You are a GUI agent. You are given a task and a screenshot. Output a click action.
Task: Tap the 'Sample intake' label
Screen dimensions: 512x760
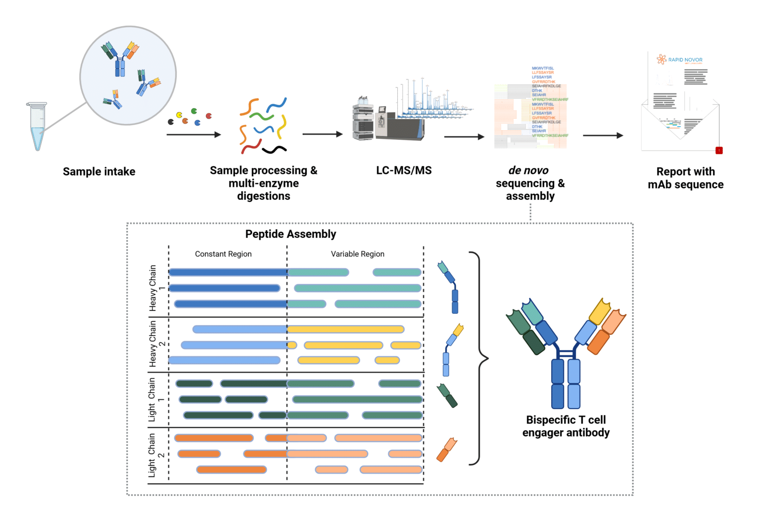pyautogui.click(x=99, y=171)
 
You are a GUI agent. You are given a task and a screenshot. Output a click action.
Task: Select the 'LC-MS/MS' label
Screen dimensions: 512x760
pyautogui.click(x=404, y=171)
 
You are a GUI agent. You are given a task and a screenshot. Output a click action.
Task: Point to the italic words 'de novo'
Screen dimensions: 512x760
pyautogui.click(x=528, y=171)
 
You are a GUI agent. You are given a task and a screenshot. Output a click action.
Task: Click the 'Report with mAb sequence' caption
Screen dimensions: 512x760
pyautogui.click(x=685, y=178)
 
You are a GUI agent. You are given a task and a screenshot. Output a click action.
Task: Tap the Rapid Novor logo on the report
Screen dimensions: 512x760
pyautogui.click(x=680, y=60)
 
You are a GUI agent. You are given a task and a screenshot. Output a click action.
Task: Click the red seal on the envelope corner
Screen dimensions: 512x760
pyautogui.click(x=719, y=150)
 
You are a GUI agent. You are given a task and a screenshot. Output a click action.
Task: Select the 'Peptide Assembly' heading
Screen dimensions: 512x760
pyautogui.click(x=290, y=234)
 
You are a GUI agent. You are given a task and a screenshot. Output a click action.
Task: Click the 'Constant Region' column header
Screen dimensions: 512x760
pyautogui.click(x=223, y=254)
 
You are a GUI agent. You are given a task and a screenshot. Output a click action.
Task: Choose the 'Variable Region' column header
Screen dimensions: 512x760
pyautogui.click(x=357, y=254)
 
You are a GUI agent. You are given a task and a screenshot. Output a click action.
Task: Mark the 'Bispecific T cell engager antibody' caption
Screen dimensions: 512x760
pyautogui.click(x=566, y=426)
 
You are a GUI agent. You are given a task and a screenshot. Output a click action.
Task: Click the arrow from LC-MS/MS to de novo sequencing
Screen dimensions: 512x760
pyautogui.click(x=464, y=137)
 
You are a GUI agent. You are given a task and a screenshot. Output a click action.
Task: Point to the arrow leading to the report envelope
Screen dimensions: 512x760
pyautogui.click(x=603, y=135)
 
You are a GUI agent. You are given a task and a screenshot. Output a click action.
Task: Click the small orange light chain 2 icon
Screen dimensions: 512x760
pyautogui.click(x=446, y=449)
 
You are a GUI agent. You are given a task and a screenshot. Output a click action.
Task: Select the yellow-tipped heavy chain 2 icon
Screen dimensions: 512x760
pyautogui.click(x=451, y=349)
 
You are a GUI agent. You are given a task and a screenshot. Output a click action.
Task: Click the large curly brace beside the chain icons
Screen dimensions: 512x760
pyautogui.click(x=479, y=358)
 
